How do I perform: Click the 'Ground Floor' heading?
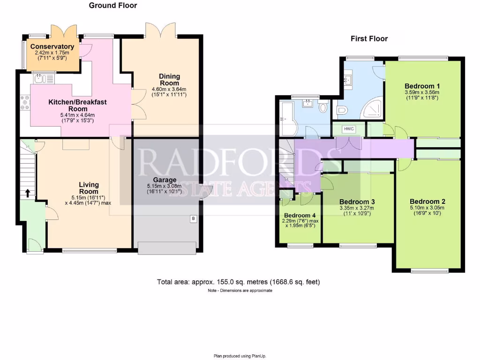point(113,6)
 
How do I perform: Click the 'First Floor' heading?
point(369,38)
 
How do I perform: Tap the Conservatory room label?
point(52,47)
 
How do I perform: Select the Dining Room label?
point(169,80)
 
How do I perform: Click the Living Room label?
point(89,188)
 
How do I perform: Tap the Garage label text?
point(165,180)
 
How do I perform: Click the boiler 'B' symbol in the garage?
point(193,218)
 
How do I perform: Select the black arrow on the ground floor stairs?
point(27,192)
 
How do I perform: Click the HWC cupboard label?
point(348,129)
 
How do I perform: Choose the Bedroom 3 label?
point(357,202)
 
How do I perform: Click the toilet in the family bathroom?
point(322,108)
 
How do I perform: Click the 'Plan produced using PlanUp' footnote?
point(240,356)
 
